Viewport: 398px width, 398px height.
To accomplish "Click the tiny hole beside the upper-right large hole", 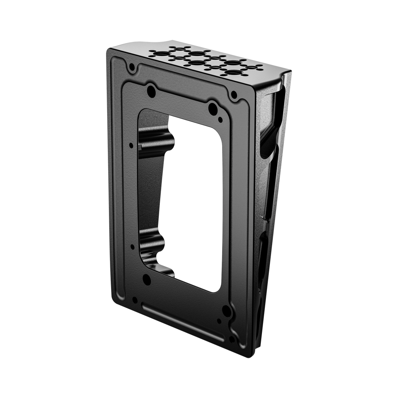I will tap(220, 118).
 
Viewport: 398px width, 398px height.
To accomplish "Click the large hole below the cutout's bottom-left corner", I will tap(147, 279).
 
